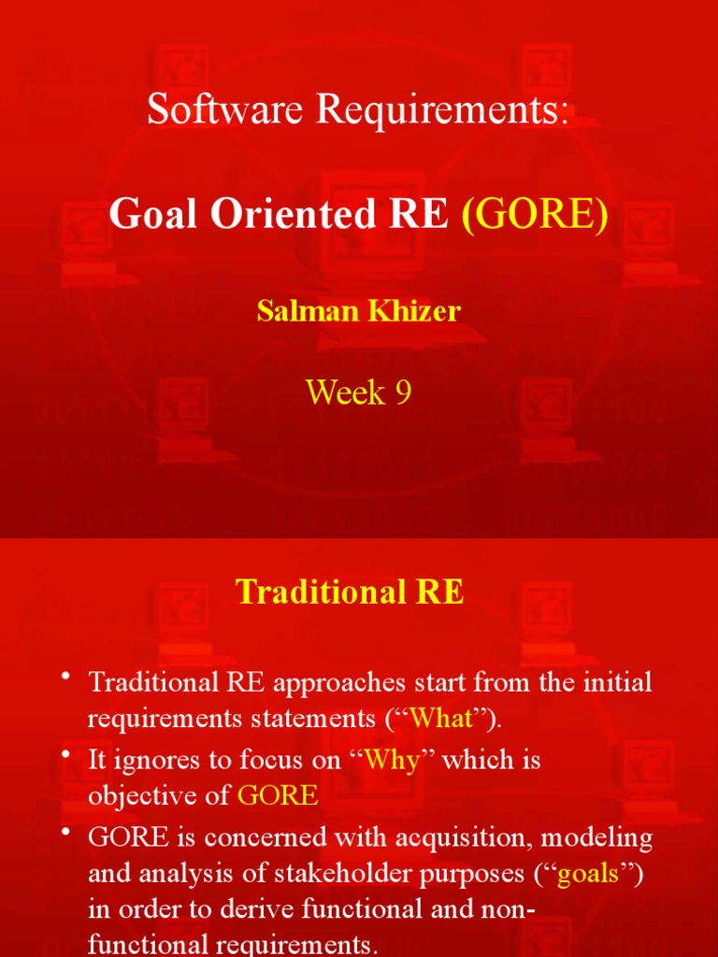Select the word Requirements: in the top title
442,111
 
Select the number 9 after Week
401,393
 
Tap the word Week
345,393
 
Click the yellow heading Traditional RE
350,592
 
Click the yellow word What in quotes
441,719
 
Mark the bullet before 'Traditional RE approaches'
67,678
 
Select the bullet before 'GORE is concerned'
67,834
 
